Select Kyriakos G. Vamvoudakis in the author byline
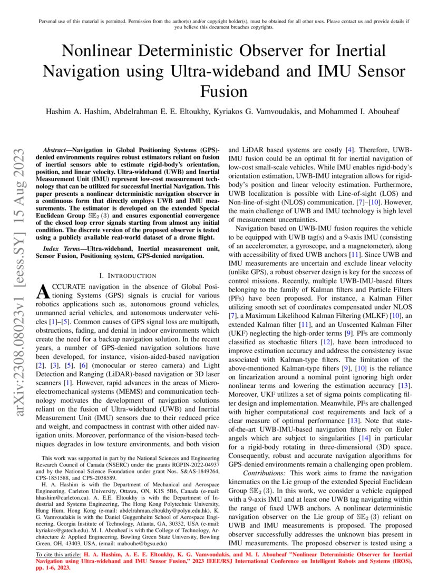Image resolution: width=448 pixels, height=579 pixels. click(x=269, y=112)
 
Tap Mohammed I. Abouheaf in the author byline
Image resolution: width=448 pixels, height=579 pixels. click(x=366, y=112)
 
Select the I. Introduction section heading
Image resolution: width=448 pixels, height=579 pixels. click(x=128, y=275)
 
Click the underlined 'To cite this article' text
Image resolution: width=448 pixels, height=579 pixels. click(x=57, y=554)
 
